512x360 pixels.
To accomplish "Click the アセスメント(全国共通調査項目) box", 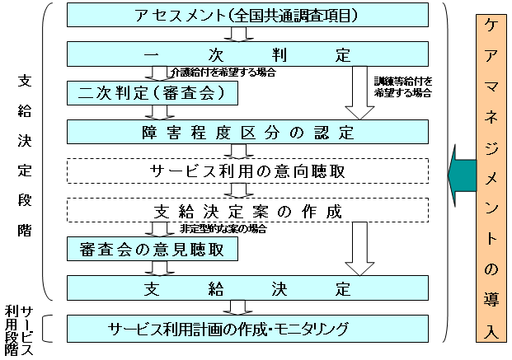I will tap(247, 15).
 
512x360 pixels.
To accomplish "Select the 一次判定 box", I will tap(247, 55).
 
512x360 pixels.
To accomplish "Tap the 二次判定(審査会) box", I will tap(153, 93).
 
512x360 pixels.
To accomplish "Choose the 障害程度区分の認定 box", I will tap(247, 132).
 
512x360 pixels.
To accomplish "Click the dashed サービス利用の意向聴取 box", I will tap(247, 171).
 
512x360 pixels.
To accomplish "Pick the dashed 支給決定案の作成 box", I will tap(247, 210).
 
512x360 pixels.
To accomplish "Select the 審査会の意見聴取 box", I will tap(153, 248).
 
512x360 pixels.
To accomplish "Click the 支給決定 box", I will tap(247, 288).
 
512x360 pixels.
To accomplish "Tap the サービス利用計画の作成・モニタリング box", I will tap(247, 329).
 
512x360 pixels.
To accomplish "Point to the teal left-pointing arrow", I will tap(462, 171).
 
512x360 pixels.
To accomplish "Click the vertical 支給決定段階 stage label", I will tap(25, 157).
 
